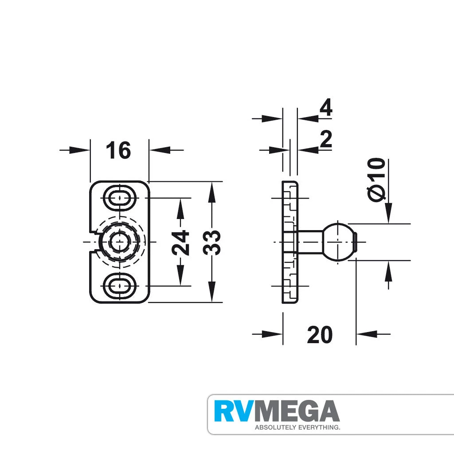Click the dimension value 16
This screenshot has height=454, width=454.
118,150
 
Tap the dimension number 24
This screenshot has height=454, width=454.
180,242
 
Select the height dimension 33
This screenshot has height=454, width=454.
212,242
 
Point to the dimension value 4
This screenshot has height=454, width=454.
325,108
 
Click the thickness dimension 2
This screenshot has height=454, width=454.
325,140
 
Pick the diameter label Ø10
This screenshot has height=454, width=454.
376,179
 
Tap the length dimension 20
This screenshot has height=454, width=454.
319,335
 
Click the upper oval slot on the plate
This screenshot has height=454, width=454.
119,197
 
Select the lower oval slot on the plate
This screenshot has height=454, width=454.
119,286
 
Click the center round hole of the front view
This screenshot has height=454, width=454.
119,242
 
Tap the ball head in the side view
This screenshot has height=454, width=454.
339,242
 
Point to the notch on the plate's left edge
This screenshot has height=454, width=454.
94,242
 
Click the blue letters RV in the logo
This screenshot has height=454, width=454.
234,412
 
